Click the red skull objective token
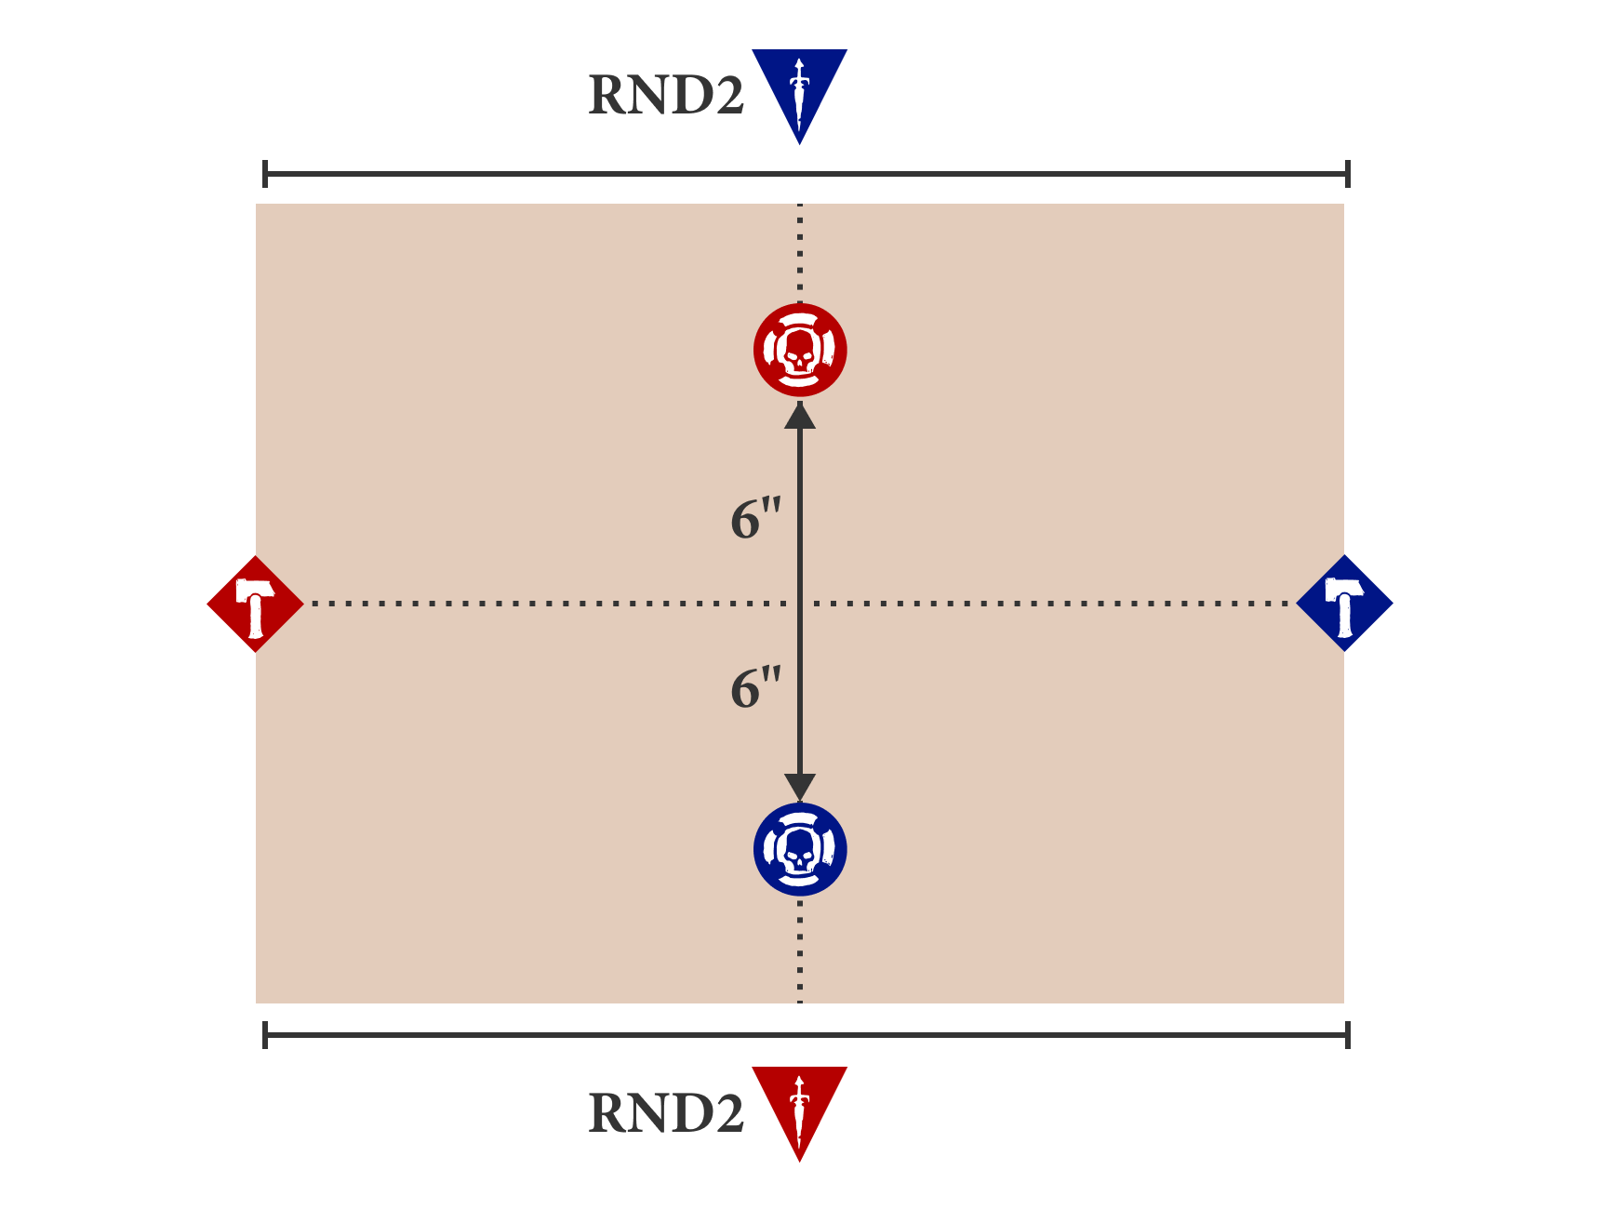coord(800,350)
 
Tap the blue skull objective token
coord(800,849)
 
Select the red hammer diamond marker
coord(255,604)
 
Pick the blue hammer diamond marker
coord(1344,604)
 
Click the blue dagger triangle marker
coord(799,88)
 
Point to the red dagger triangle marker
coord(799,1107)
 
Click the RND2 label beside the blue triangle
coord(666,96)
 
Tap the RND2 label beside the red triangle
coord(666,1113)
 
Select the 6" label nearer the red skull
coord(755,519)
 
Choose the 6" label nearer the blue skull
coord(755,688)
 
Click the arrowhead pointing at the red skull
coord(800,415)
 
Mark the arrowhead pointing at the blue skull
coord(800,787)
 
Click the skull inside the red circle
coord(800,351)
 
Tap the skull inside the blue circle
coord(800,850)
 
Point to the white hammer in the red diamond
coord(254,605)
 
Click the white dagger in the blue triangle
coord(799,93)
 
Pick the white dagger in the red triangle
coord(799,1111)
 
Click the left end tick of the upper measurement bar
coord(265,174)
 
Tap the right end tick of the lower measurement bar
coord(1347,1035)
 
